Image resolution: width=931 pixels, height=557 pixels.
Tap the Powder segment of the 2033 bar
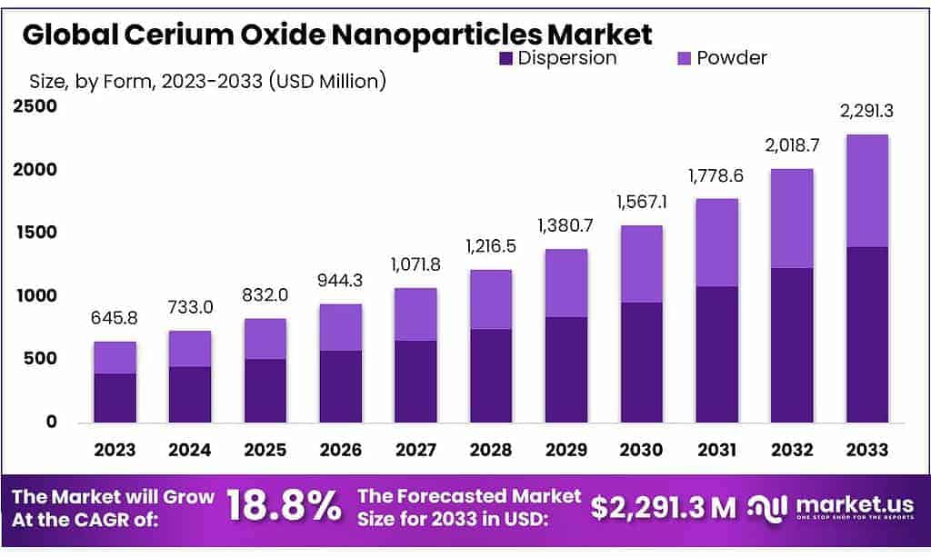(x=866, y=191)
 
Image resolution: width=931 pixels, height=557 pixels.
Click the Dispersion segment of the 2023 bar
(x=115, y=398)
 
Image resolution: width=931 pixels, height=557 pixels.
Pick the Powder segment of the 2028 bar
(x=490, y=300)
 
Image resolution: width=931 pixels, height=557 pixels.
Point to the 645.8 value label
(x=115, y=320)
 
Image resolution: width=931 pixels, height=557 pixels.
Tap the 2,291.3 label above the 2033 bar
(x=866, y=113)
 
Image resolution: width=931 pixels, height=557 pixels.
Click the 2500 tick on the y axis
(x=35, y=106)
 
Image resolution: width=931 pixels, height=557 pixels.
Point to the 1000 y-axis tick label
(x=35, y=296)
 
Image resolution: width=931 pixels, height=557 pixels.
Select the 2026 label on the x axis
(x=340, y=450)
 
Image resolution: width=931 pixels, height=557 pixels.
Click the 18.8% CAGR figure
(x=283, y=507)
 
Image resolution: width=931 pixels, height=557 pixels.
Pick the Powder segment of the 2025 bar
(x=265, y=339)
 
